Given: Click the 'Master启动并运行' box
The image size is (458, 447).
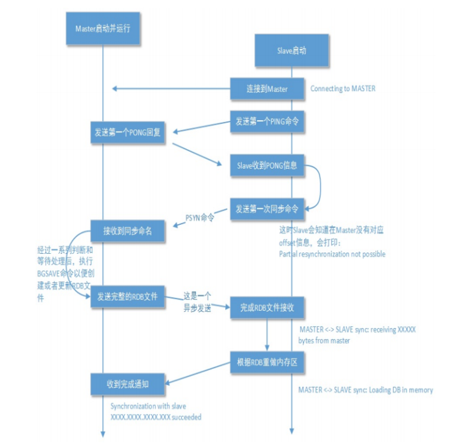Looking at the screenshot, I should pos(103,28).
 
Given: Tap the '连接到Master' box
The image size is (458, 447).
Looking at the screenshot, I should pos(267,88).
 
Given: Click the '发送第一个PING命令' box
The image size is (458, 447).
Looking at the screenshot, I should pos(267,121).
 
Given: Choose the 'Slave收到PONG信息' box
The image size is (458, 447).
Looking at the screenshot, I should pos(267,165).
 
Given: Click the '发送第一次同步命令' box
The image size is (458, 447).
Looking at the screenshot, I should pos(267,209).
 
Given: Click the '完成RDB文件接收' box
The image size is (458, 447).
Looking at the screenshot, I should pos(267,307).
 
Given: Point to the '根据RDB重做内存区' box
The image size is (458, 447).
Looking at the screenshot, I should pos(267,361).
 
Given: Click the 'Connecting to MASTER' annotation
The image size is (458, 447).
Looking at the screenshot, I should pos(343,88).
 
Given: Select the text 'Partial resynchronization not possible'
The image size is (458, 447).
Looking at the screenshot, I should pos(332,254).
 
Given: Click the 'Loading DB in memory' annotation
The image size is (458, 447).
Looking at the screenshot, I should pos(365,390).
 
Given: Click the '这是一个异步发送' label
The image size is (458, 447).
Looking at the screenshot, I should pos(197,302).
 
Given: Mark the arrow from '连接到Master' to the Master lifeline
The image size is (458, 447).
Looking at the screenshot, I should pos(171,88).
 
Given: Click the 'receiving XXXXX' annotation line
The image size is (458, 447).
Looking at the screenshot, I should pos(357,329).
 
